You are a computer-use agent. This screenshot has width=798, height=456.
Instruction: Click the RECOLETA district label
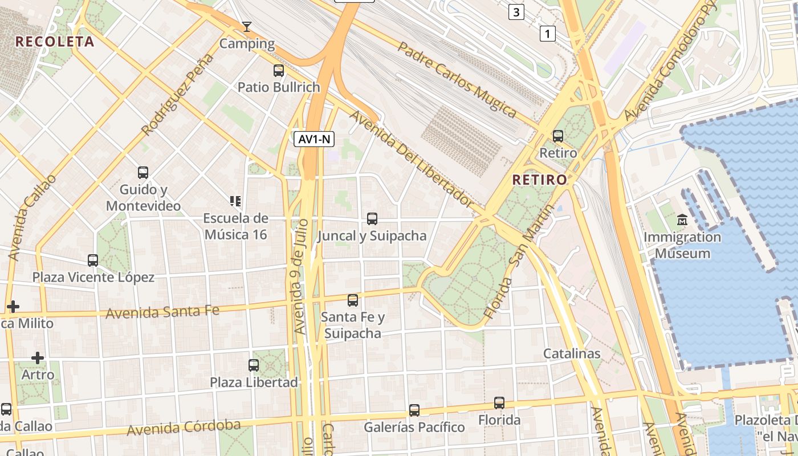point(55,42)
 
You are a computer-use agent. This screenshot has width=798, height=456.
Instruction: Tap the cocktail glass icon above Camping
point(247,26)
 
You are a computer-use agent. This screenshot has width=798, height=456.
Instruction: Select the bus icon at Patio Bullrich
point(279,71)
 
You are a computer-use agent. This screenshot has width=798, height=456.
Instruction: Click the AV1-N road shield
point(314,139)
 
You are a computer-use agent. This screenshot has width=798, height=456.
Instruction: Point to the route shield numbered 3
point(516,12)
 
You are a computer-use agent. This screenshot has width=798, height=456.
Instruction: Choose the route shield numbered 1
point(547,34)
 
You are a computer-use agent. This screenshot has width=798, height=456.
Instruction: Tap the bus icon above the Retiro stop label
point(558,136)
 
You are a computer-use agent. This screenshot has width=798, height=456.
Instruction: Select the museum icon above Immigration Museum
point(682,220)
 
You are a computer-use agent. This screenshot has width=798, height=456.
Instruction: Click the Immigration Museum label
point(682,245)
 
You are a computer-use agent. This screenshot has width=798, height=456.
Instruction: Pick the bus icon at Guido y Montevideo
point(143,172)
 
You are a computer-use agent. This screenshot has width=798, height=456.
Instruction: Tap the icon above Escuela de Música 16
point(235,201)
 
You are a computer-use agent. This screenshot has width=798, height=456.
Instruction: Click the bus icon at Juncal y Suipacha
point(372,218)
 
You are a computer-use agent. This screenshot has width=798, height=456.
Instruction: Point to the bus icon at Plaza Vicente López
point(93,260)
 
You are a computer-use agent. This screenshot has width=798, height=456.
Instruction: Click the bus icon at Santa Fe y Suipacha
point(353,300)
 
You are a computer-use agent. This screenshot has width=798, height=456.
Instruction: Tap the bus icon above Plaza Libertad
point(254,365)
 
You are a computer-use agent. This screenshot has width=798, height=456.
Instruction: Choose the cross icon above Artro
point(38,358)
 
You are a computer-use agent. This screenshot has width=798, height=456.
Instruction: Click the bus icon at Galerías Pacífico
point(414,410)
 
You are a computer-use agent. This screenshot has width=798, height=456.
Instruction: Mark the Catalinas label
point(572,353)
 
